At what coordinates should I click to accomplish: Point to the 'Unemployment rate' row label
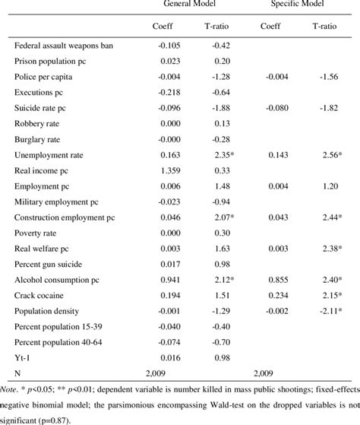click(49, 156)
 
